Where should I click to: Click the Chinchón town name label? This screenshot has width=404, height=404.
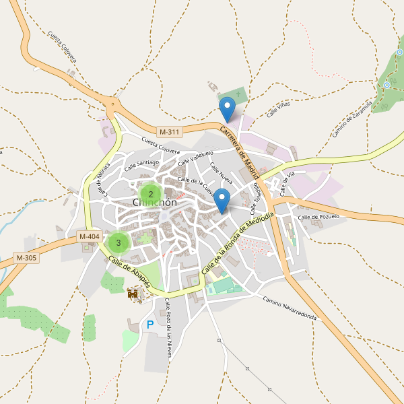click(154, 203)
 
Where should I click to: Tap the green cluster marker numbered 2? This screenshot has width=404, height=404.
click(150, 194)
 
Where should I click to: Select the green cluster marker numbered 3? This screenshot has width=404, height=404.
click(119, 242)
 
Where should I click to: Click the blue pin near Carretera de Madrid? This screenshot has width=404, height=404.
click(228, 109)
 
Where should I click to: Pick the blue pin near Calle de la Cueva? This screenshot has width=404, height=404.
click(222, 201)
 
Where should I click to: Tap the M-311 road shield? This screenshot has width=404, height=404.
click(170, 131)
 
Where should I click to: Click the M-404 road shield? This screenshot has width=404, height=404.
click(90, 236)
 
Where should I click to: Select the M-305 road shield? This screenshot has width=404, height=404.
click(26, 258)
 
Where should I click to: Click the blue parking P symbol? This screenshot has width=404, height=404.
click(150, 325)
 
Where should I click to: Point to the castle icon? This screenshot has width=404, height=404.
click(133, 294)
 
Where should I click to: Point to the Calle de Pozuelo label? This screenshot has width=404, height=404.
click(318, 217)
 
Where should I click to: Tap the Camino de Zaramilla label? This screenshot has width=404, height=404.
click(352, 120)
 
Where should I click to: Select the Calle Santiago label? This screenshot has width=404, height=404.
click(141, 164)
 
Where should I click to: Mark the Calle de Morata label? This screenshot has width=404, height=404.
click(104, 180)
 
